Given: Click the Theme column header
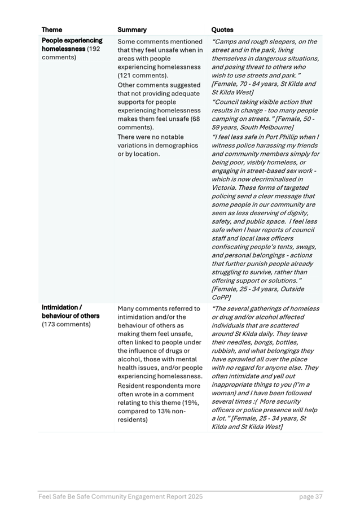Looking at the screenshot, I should (x=52, y=30).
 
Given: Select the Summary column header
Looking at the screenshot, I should (x=132, y=30).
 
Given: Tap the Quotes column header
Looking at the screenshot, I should (x=222, y=30).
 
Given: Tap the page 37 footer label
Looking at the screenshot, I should (x=311, y=497).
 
